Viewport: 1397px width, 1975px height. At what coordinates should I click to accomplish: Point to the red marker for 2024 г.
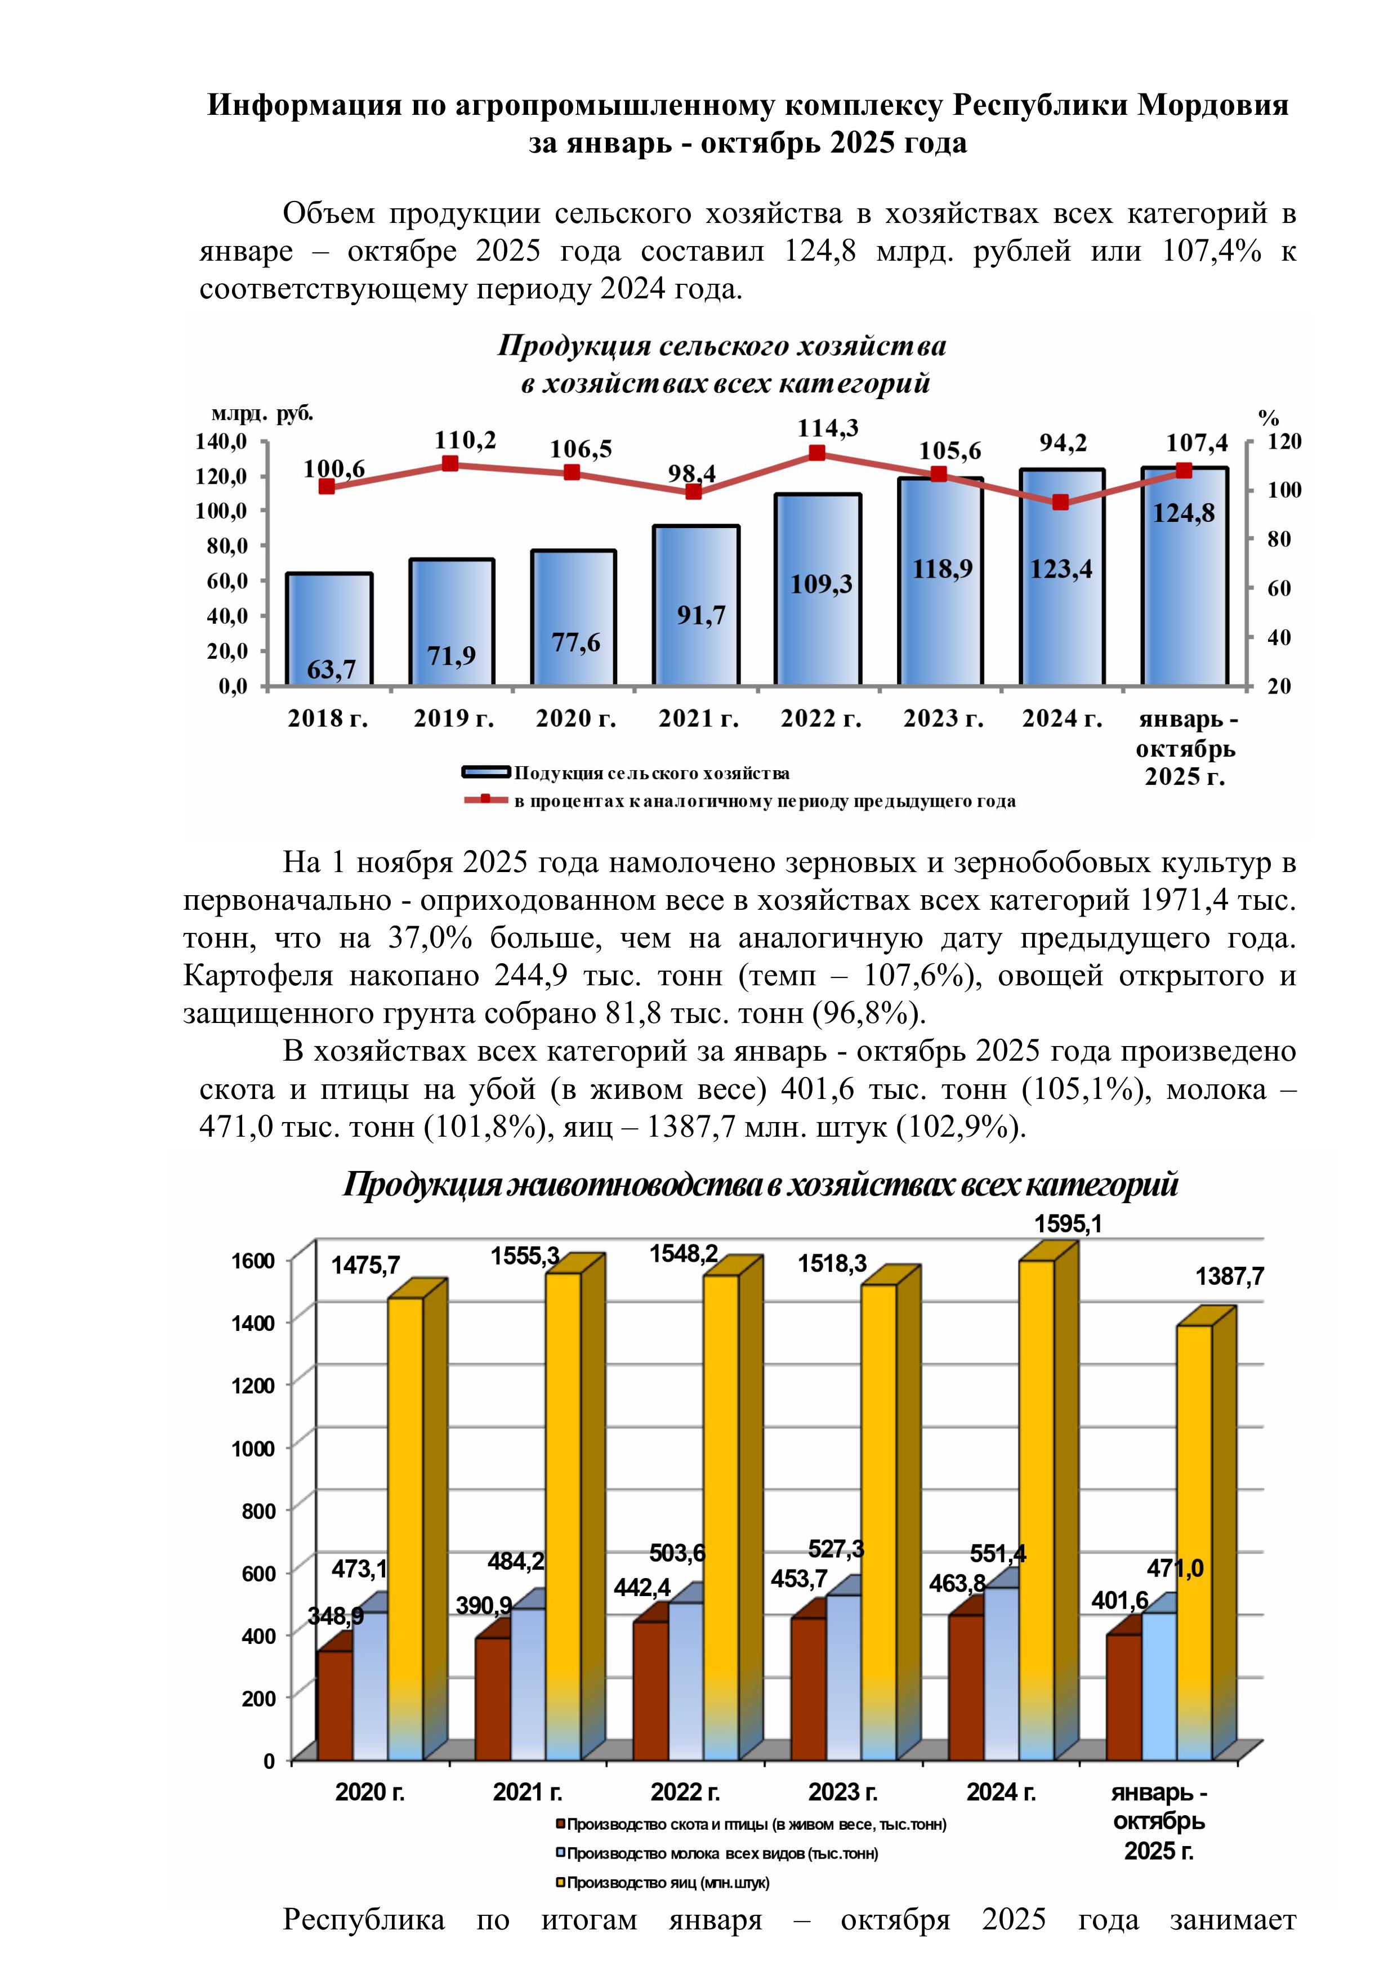[1061, 502]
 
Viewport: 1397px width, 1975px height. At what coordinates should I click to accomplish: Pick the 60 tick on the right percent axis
[1279, 588]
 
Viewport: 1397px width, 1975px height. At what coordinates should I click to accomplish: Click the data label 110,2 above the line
[465, 440]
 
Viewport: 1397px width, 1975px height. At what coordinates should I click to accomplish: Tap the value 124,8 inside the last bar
[1184, 513]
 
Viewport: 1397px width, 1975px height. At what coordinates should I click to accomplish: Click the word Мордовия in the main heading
[1213, 105]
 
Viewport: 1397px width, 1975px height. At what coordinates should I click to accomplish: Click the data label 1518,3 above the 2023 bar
[832, 1263]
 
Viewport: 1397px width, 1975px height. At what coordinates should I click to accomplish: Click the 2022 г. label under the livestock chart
[685, 1793]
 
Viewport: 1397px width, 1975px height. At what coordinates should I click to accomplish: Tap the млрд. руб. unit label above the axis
[262, 414]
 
